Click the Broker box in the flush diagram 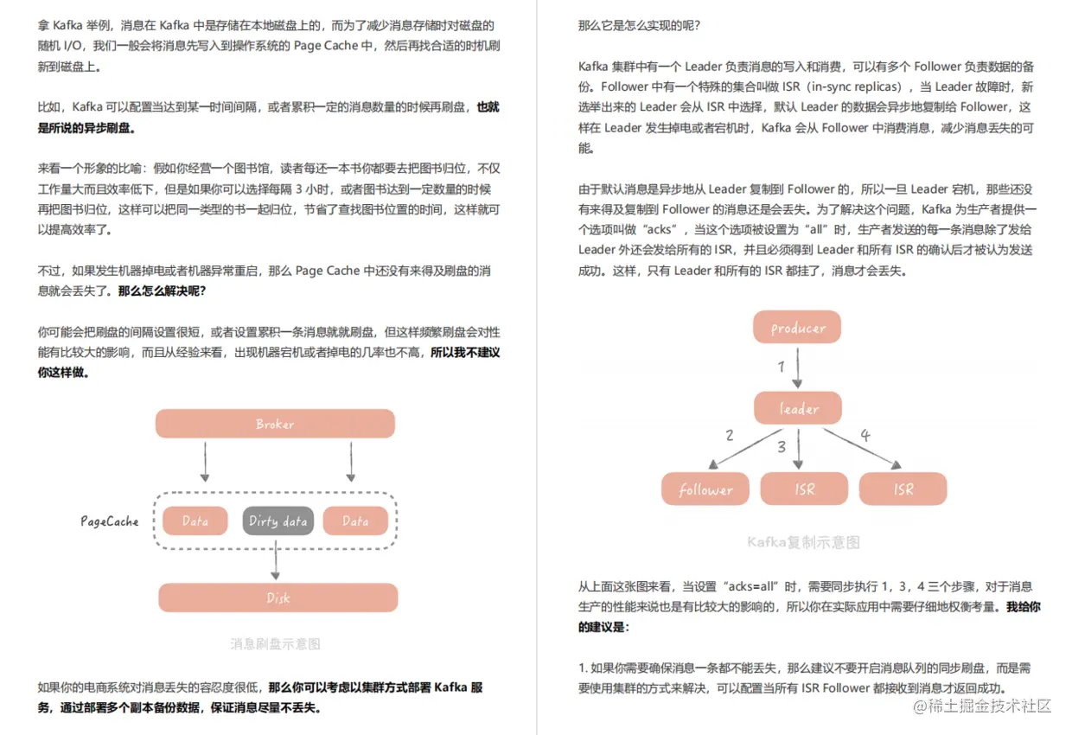click(x=275, y=424)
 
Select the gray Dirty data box click(x=278, y=521)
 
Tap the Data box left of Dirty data click(x=195, y=521)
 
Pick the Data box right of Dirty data click(x=355, y=521)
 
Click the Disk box click(x=278, y=598)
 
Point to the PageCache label click(x=110, y=521)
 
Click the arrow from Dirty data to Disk click(x=276, y=559)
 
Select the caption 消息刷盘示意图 click(x=276, y=643)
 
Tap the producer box click(x=797, y=328)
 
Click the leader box click(x=797, y=408)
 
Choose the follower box click(x=705, y=489)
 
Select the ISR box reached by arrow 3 click(x=804, y=489)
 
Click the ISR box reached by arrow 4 click(x=903, y=489)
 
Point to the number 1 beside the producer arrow click(x=782, y=367)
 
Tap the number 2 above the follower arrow click(x=730, y=435)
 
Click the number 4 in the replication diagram click(x=865, y=435)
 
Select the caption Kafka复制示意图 click(x=804, y=543)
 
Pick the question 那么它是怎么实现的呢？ click(x=639, y=25)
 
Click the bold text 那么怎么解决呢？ click(x=162, y=291)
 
